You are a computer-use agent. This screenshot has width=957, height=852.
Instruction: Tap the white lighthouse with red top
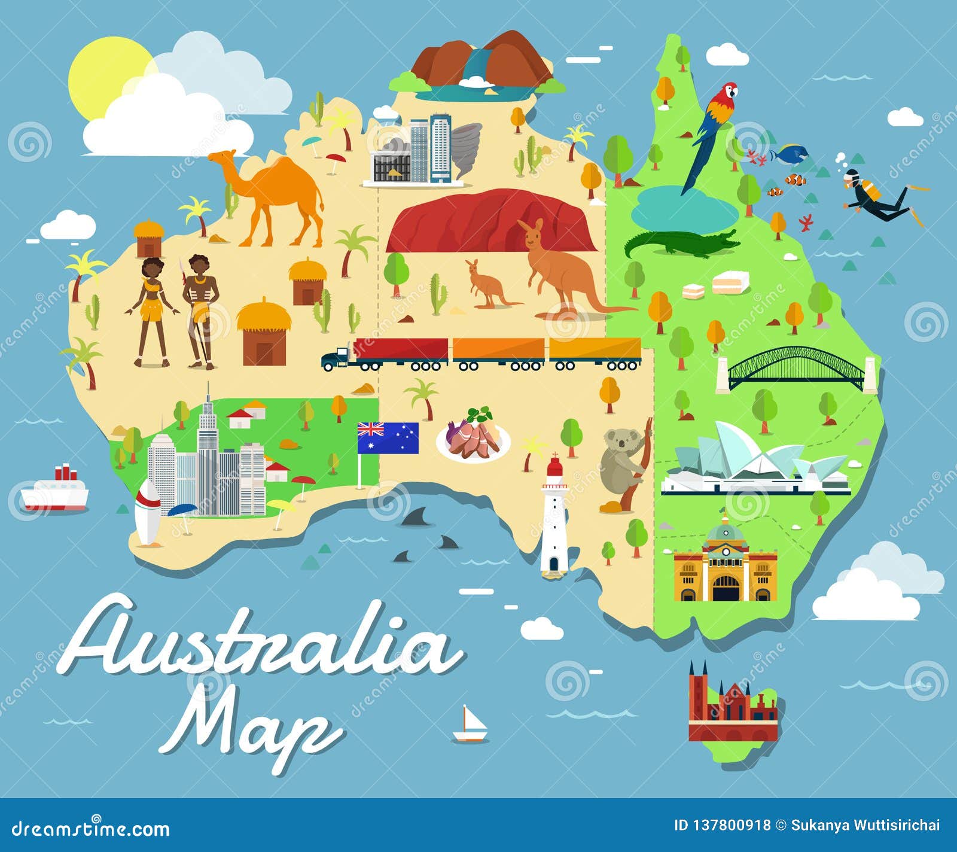[x=554, y=521]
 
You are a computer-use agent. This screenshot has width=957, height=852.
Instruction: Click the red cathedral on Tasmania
[x=730, y=706]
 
